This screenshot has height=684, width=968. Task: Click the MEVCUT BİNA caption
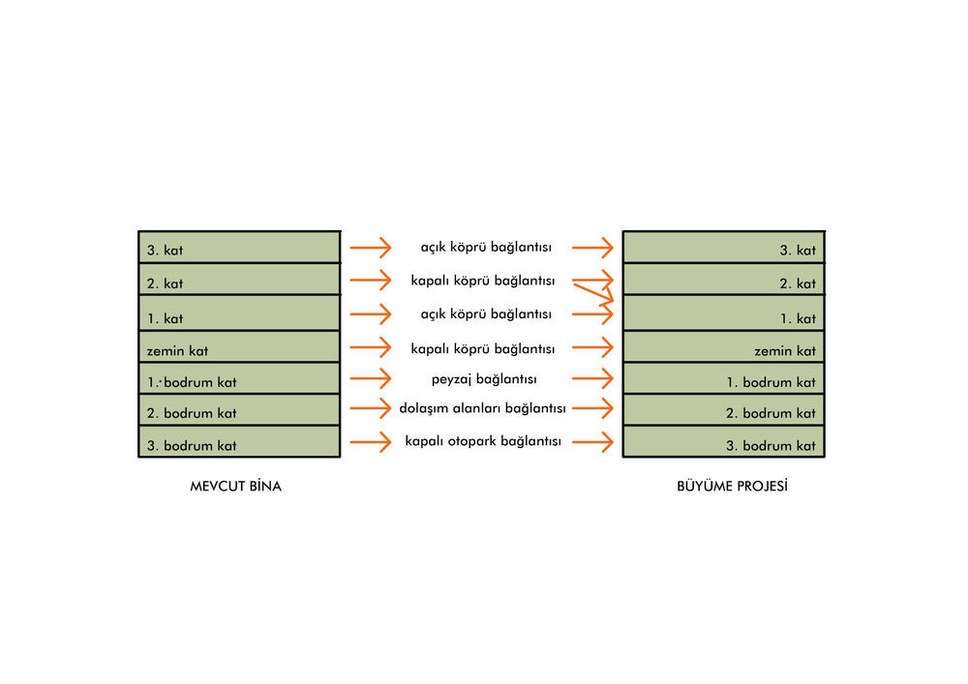(236, 486)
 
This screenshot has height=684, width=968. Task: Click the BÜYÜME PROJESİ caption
(732, 486)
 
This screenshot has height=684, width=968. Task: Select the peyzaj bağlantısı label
(484, 379)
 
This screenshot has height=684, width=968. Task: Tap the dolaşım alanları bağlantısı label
(483, 408)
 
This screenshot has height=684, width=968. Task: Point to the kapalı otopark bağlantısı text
(483, 441)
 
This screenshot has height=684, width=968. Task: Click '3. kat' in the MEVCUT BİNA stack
(165, 251)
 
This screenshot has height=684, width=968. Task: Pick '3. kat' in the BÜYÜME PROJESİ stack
(798, 251)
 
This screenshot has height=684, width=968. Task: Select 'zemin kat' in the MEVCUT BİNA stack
(177, 351)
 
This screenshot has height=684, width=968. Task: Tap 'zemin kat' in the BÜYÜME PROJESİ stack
(785, 351)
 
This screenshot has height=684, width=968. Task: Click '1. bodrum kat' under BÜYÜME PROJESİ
(771, 382)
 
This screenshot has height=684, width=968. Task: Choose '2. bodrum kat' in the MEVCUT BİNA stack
(192, 413)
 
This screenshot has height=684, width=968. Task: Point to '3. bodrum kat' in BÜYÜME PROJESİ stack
(771, 446)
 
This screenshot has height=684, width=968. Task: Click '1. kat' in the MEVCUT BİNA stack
(165, 319)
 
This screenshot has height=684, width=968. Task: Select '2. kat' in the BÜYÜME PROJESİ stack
(798, 283)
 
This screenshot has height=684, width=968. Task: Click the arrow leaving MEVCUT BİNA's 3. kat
(371, 248)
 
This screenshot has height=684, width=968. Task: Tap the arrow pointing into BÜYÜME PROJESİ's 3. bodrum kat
(592, 442)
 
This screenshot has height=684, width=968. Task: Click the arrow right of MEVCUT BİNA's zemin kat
(371, 348)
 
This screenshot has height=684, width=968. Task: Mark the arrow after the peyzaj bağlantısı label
(592, 378)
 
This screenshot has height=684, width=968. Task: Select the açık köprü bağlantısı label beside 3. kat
(486, 248)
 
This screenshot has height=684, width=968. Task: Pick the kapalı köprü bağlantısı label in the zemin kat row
(483, 349)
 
